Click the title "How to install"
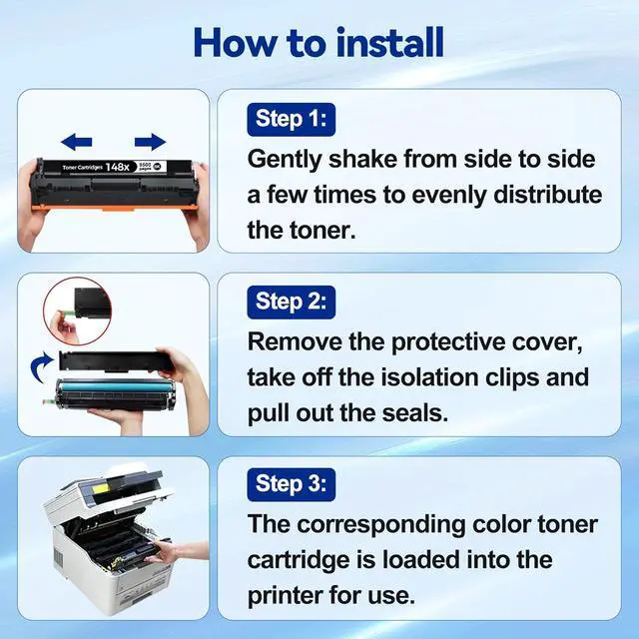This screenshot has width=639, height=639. point(319,42)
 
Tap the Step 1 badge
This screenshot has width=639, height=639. point(292,120)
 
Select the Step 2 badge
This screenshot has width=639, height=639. point(292,302)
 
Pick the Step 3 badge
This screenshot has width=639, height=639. point(292,485)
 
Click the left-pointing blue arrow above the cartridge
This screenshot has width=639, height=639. point(78,142)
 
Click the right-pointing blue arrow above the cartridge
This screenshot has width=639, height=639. point(149,142)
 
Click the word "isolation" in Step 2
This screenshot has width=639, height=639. point(459,377)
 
